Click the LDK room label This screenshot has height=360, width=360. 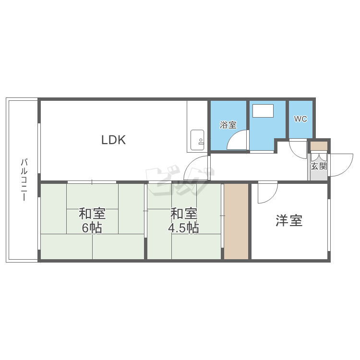[x=113, y=140]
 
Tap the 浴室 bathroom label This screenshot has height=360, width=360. [x=228, y=125]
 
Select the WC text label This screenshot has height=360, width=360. [x=300, y=119]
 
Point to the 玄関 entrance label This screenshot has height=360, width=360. [x=319, y=167]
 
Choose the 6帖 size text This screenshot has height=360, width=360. [x=92, y=228]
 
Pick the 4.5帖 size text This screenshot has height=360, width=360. [x=183, y=228]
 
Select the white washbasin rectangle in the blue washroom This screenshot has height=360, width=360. [x=263, y=111]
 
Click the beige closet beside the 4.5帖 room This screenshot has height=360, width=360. [x=236, y=221]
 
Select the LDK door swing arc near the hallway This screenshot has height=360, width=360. [x=197, y=168]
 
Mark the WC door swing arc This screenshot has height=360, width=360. [x=299, y=149]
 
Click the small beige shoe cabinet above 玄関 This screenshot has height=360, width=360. [x=319, y=146]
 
